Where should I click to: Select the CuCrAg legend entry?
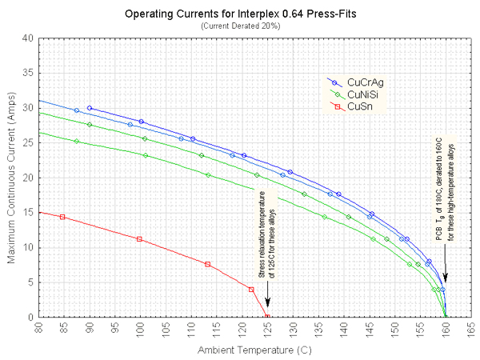point(364,82)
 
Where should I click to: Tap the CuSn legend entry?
point(359,106)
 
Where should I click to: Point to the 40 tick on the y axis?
point(30,38)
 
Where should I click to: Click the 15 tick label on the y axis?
point(30,212)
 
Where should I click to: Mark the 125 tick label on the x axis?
point(267,328)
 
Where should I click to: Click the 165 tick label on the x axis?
point(471,328)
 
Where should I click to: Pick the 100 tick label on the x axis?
point(140,328)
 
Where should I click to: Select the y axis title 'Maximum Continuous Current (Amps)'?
point(11,178)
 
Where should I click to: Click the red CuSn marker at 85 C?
point(62,217)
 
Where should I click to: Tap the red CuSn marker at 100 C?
point(140,239)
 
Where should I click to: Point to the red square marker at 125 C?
point(267,317)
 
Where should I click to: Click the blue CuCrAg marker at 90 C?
point(89,108)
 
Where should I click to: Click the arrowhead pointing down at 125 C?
point(267,303)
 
